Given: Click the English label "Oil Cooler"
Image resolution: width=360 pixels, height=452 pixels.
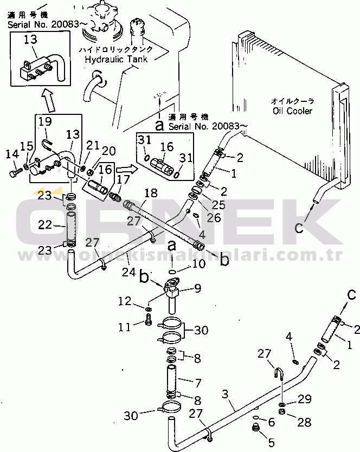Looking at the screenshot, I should click(x=293, y=111).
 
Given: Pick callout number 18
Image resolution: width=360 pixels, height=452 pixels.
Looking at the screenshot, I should click(x=151, y=193).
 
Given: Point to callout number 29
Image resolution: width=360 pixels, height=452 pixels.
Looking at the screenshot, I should click(x=304, y=399).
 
